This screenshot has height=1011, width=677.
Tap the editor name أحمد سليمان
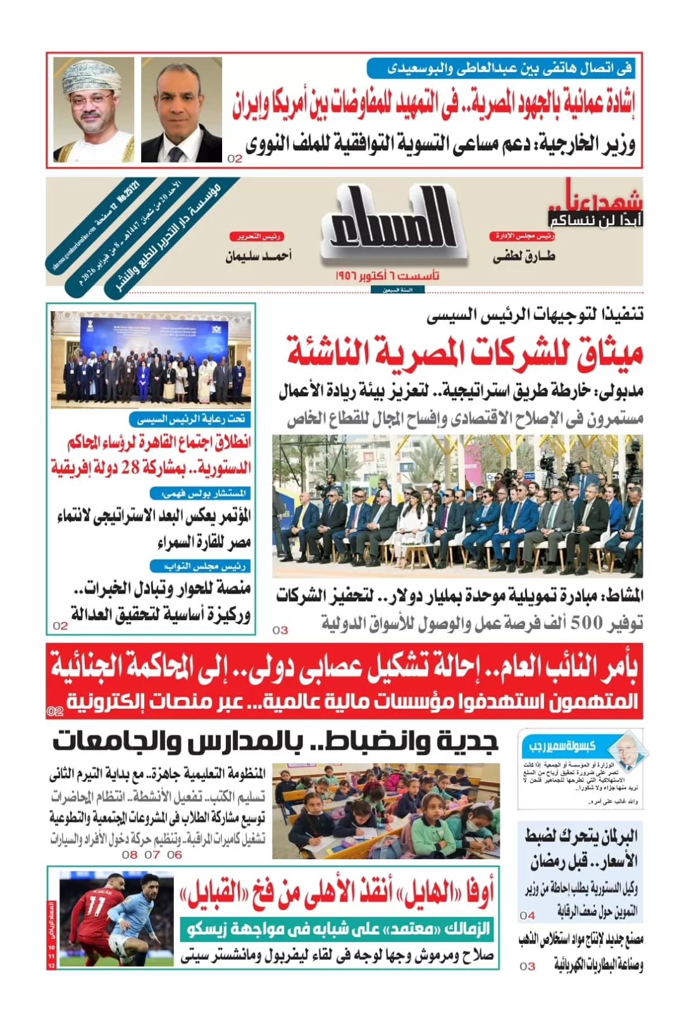[x=258, y=256]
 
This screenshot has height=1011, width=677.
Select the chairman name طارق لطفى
[x=523, y=256]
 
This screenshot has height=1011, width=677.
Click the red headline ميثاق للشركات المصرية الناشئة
[x=465, y=352]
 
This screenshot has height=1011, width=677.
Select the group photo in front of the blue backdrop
[x=151, y=359]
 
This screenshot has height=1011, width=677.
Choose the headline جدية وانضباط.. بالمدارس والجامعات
[x=275, y=741]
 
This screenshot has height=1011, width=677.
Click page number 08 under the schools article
[x=130, y=854]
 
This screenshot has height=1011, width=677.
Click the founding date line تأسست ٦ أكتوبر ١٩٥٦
[x=387, y=276]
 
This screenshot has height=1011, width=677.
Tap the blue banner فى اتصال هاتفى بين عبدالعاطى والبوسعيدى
[x=500, y=68]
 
